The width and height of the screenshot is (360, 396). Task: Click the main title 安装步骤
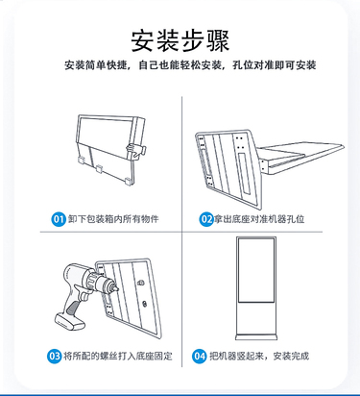point(180,41)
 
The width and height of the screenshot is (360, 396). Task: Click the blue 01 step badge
point(59,219)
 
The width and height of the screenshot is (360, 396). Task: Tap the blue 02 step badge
point(206,219)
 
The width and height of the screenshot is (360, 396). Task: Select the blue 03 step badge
point(55,356)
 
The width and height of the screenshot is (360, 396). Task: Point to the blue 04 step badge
point(200,356)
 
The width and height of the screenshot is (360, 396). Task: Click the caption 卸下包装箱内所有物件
point(113,219)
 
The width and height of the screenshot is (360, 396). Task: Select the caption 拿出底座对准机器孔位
point(259,219)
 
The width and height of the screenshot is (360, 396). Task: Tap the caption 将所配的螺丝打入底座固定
point(118,356)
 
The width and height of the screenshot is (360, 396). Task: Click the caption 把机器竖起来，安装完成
point(259,356)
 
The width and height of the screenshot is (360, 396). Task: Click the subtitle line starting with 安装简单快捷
point(190,65)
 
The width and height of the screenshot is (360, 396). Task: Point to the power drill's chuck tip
point(117,288)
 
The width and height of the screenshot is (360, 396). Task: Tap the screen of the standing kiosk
point(256,271)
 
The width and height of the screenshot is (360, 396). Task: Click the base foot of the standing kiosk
point(256,337)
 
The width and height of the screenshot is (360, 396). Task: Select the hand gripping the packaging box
point(134,150)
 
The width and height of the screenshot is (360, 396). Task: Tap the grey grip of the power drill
point(72,307)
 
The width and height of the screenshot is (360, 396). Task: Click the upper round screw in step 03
point(140,283)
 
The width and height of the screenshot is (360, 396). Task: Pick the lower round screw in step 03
point(145,303)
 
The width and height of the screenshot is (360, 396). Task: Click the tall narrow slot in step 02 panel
point(245,173)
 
